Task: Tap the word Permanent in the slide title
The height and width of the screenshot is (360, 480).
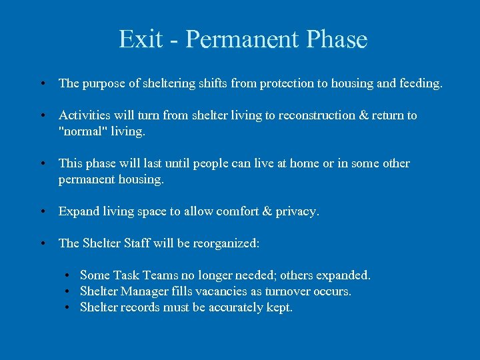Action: point(243,39)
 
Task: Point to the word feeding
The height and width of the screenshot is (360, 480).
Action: point(420,83)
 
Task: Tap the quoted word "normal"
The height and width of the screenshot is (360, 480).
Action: point(81,131)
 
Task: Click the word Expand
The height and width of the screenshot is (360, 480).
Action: point(78,211)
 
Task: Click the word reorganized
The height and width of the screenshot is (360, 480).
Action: point(226,243)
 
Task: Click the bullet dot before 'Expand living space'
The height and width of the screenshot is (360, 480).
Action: point(42,212)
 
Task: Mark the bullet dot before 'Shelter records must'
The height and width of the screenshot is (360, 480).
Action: point(68,308)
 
